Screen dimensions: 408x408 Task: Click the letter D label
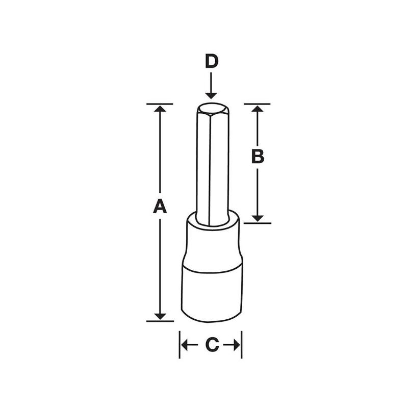[211, 61]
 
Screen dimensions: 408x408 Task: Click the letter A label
[160, 207]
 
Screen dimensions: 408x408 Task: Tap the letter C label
[211, 345]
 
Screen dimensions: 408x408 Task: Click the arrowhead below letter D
[211, 95]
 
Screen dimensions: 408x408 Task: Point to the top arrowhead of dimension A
[160, 109]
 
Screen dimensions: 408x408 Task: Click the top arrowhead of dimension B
[258, 109]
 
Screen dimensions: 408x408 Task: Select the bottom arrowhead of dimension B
[258, 218]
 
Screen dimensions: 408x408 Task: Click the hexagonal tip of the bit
[211, 108]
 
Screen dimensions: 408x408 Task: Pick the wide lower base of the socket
[212, 293]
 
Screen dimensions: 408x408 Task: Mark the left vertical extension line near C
[180, 344]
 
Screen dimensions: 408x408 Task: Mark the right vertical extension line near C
[241, 344]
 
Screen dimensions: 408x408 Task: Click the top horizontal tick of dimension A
[160, 104]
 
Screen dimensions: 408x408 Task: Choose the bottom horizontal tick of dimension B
[258, 223]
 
